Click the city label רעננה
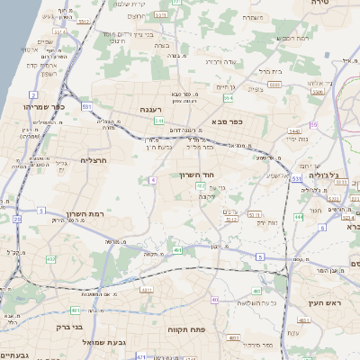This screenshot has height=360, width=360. pos(149,109)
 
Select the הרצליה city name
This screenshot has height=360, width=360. pos(94,160)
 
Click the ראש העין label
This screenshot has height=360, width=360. pos(325,303)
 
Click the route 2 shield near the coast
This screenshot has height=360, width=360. pos(32,94)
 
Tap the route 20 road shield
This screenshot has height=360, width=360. pos(17,219)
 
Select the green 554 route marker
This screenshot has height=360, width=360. pos(229,96)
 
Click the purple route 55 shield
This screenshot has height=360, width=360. pos(313,125)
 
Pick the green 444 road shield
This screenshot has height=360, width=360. pos(298,217)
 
